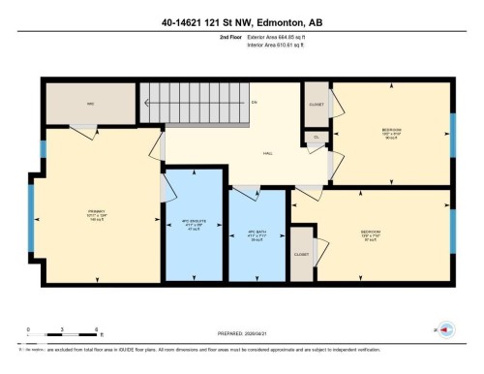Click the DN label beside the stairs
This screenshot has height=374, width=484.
[x=254, y=102]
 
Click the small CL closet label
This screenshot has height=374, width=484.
[x=316, y=138]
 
